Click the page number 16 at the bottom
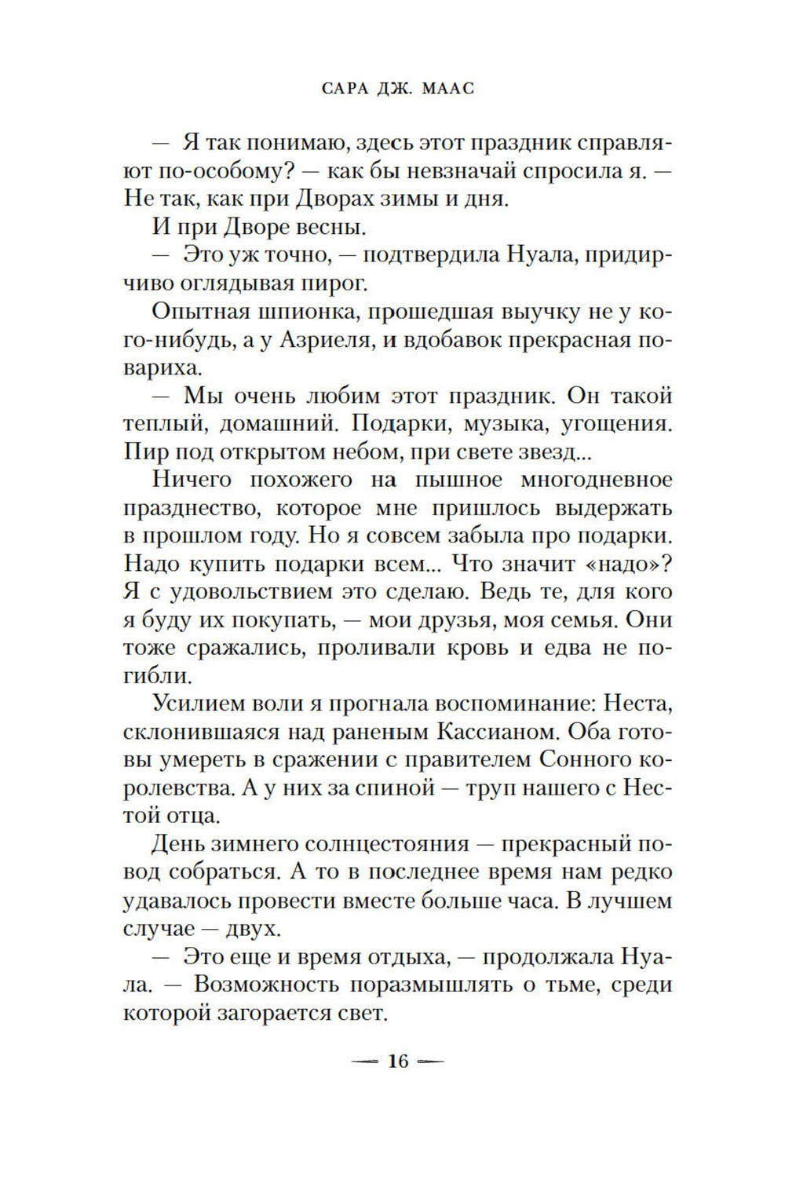pos(398,1062)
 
